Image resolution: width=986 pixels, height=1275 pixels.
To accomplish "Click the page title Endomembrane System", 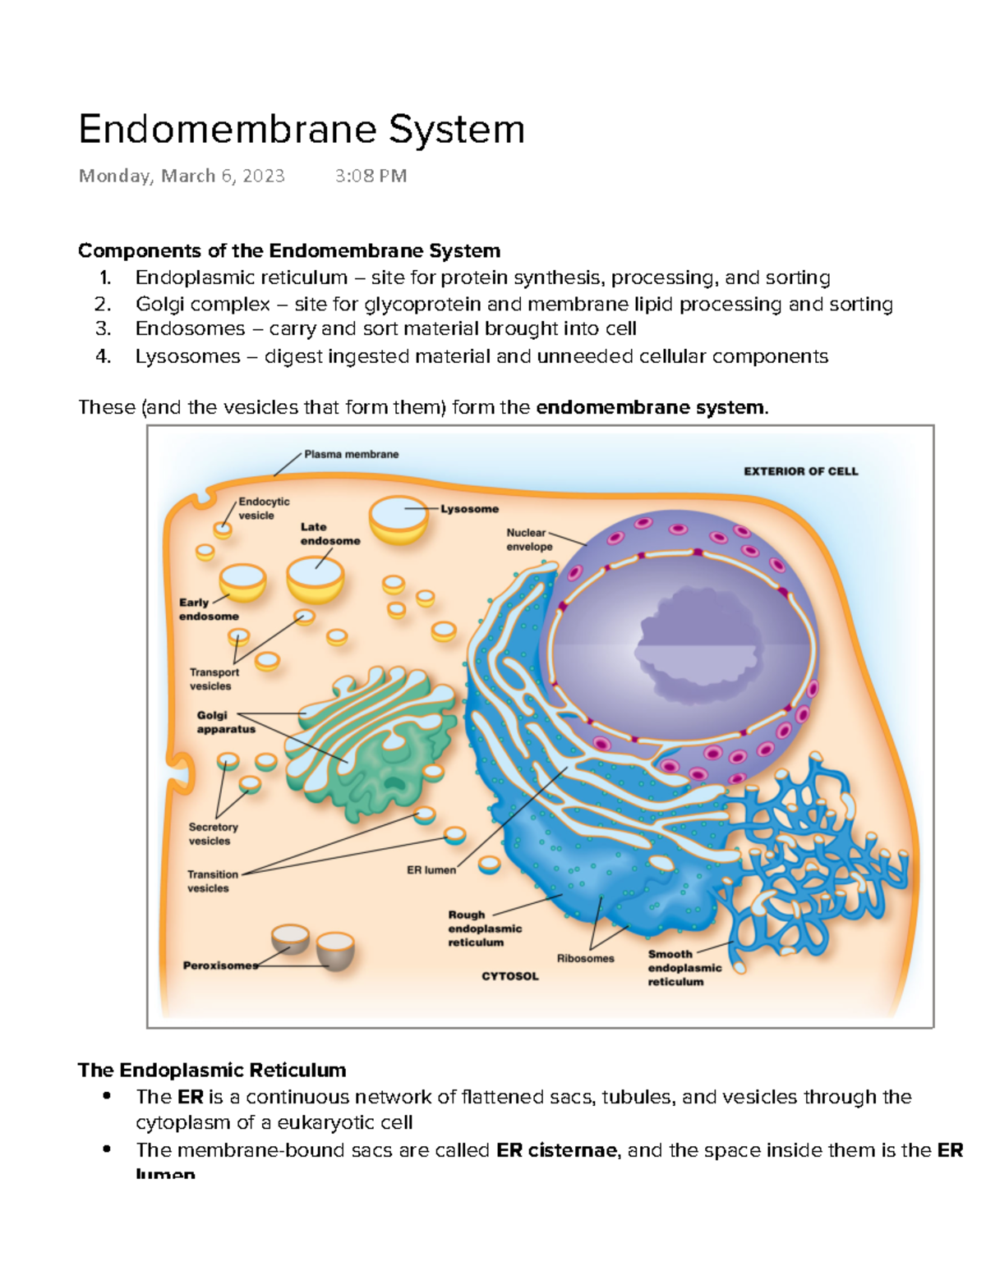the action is [302, 131].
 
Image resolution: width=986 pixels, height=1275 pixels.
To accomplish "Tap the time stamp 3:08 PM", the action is [371, 176].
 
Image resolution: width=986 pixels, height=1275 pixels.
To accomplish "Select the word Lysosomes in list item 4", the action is [188, 357].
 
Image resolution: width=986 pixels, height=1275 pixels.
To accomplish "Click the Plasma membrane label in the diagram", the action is [351, 454].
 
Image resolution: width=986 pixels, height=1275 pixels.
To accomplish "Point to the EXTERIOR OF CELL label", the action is [800, 471].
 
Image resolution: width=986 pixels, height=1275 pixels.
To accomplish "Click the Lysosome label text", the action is [469, 509].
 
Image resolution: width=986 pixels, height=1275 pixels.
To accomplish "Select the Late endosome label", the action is [330, 534].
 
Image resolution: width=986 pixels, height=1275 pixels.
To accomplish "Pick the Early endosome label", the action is [209, 609].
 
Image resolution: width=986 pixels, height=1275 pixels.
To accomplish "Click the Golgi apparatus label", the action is [226, 722].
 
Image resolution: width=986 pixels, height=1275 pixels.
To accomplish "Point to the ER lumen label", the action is [431, 869].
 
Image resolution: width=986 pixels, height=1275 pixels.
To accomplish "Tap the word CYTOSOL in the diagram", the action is [509, 976].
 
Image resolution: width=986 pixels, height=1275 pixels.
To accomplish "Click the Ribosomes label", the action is [586, 958].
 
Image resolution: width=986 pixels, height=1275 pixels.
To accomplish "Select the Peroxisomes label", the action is [220, 965].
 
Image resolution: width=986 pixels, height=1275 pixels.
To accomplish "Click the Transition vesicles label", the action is [213, 881].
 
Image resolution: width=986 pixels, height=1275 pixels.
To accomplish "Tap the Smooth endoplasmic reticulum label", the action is [684, 968].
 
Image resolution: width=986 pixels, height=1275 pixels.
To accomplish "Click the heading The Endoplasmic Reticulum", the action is [212, 1071].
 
